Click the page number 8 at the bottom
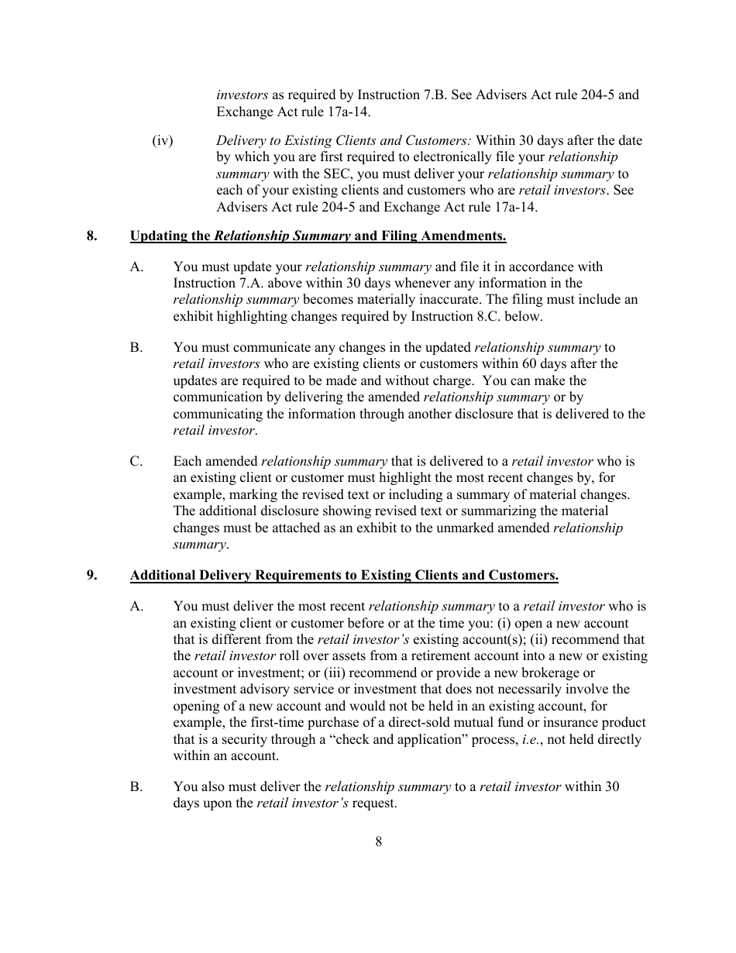pyautogui.click(x=378, y=842)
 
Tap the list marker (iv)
pyautogui.click(x=162, y=140)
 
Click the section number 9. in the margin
pyautogui.click(x=92, y=575)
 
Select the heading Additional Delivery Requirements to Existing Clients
pyautogui.click(x=344, y=575)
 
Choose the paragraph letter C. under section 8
pyautogui.click(x=137, y=461)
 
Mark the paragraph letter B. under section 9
pyautogui.click(x=137, y=786)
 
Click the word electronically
pyautogui.click(x=445, y=157)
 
